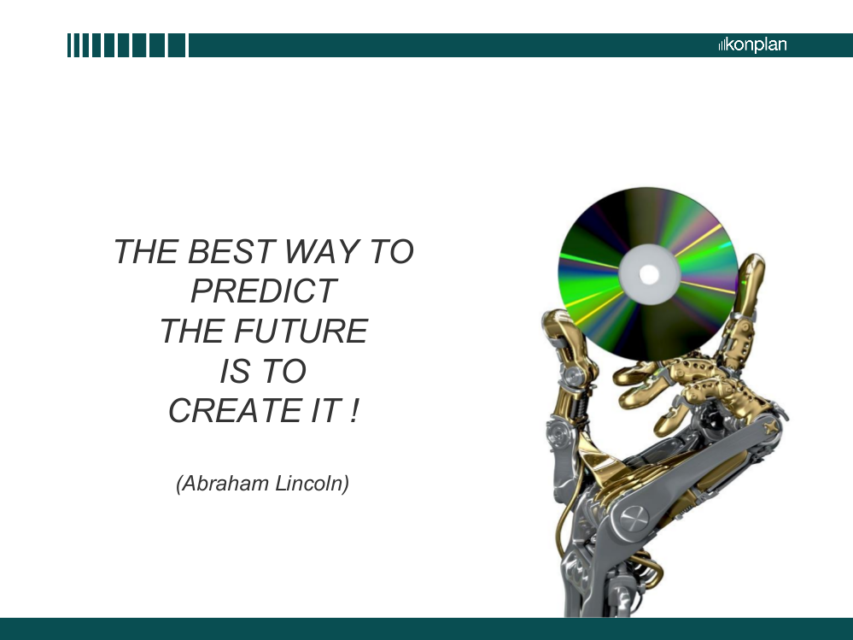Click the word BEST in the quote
point(231,251)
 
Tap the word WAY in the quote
point(322,251)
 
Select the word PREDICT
point(264,291)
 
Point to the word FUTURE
point(301,331)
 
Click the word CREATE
point(235,410)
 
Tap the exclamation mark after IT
point(355,410)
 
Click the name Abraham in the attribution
point(224,484)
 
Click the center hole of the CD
point(648,273)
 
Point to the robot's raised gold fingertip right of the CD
point(754,264)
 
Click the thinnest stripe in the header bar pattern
point(69,45)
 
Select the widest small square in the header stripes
point(176,45)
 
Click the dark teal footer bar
point(427,629)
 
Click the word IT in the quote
point(326,410)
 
